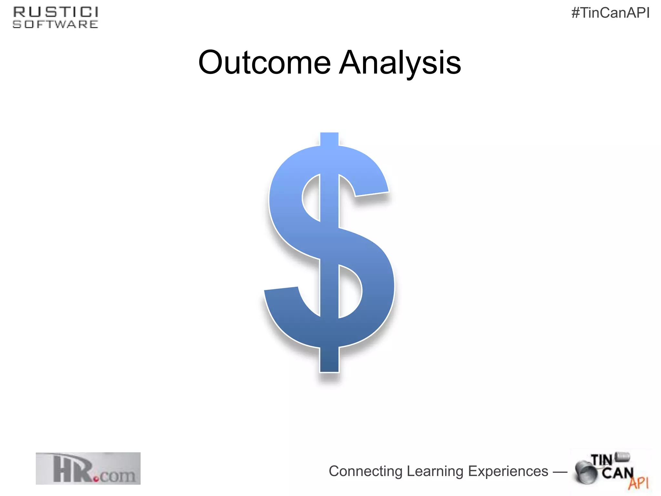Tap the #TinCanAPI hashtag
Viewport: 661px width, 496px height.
tap(610, 13)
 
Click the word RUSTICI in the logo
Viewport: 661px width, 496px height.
tap(56, 12)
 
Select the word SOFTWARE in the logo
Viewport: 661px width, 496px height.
tap(56, 24)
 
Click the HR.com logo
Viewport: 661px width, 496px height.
tap(88, 468)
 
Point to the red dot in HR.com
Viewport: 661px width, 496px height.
tap(96, 479)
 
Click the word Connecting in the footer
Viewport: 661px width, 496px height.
tap(365, 471)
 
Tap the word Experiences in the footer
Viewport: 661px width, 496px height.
tap(508, 471)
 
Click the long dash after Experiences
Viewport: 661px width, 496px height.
tap(560, 472)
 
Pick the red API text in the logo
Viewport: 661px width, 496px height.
tap(638, 483)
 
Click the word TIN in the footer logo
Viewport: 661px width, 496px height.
tap(601, 460)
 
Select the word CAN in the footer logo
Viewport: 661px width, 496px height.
tap(617, 473)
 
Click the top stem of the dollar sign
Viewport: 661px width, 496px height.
tap(329, 139)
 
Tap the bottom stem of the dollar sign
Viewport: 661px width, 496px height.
tap(329, 360)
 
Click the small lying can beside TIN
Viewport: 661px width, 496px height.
tap(623, 457)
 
